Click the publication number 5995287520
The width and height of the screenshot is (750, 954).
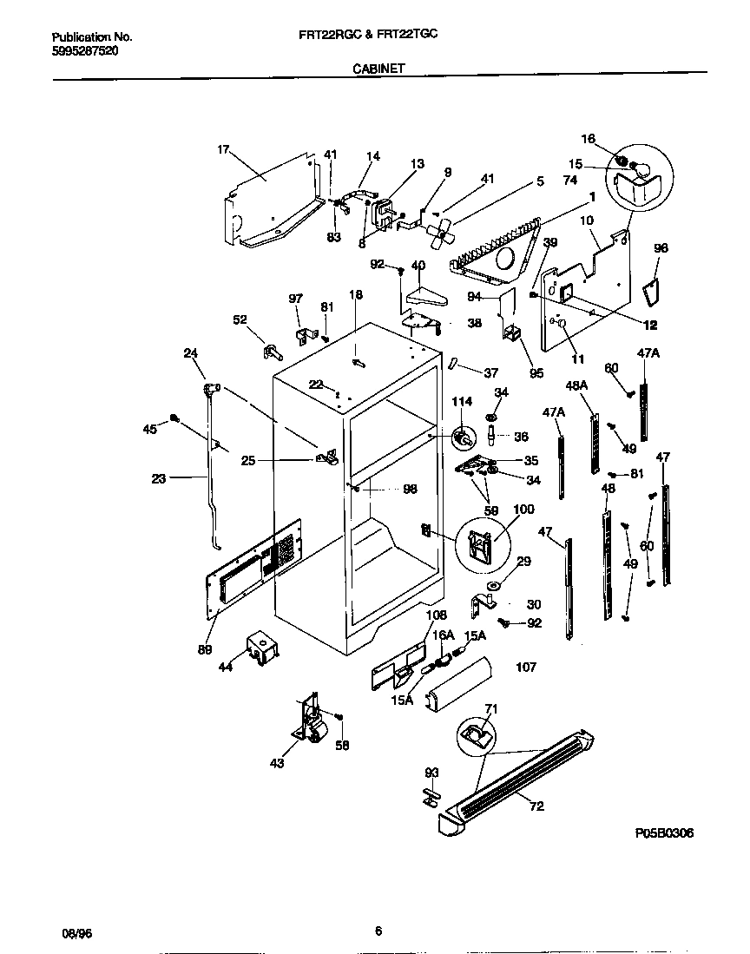point(85,51)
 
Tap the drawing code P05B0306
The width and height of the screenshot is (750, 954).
point(664,832)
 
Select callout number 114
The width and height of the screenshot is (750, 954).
point(461,402)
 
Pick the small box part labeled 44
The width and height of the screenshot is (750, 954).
point(260,648)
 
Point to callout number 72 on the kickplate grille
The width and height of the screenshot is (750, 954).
point(536,806)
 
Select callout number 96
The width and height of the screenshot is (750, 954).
point(661,247)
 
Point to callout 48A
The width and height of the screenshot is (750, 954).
point(576,385)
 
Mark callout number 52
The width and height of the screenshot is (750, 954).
point(240,319)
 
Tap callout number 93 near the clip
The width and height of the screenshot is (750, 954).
point(431,772)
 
